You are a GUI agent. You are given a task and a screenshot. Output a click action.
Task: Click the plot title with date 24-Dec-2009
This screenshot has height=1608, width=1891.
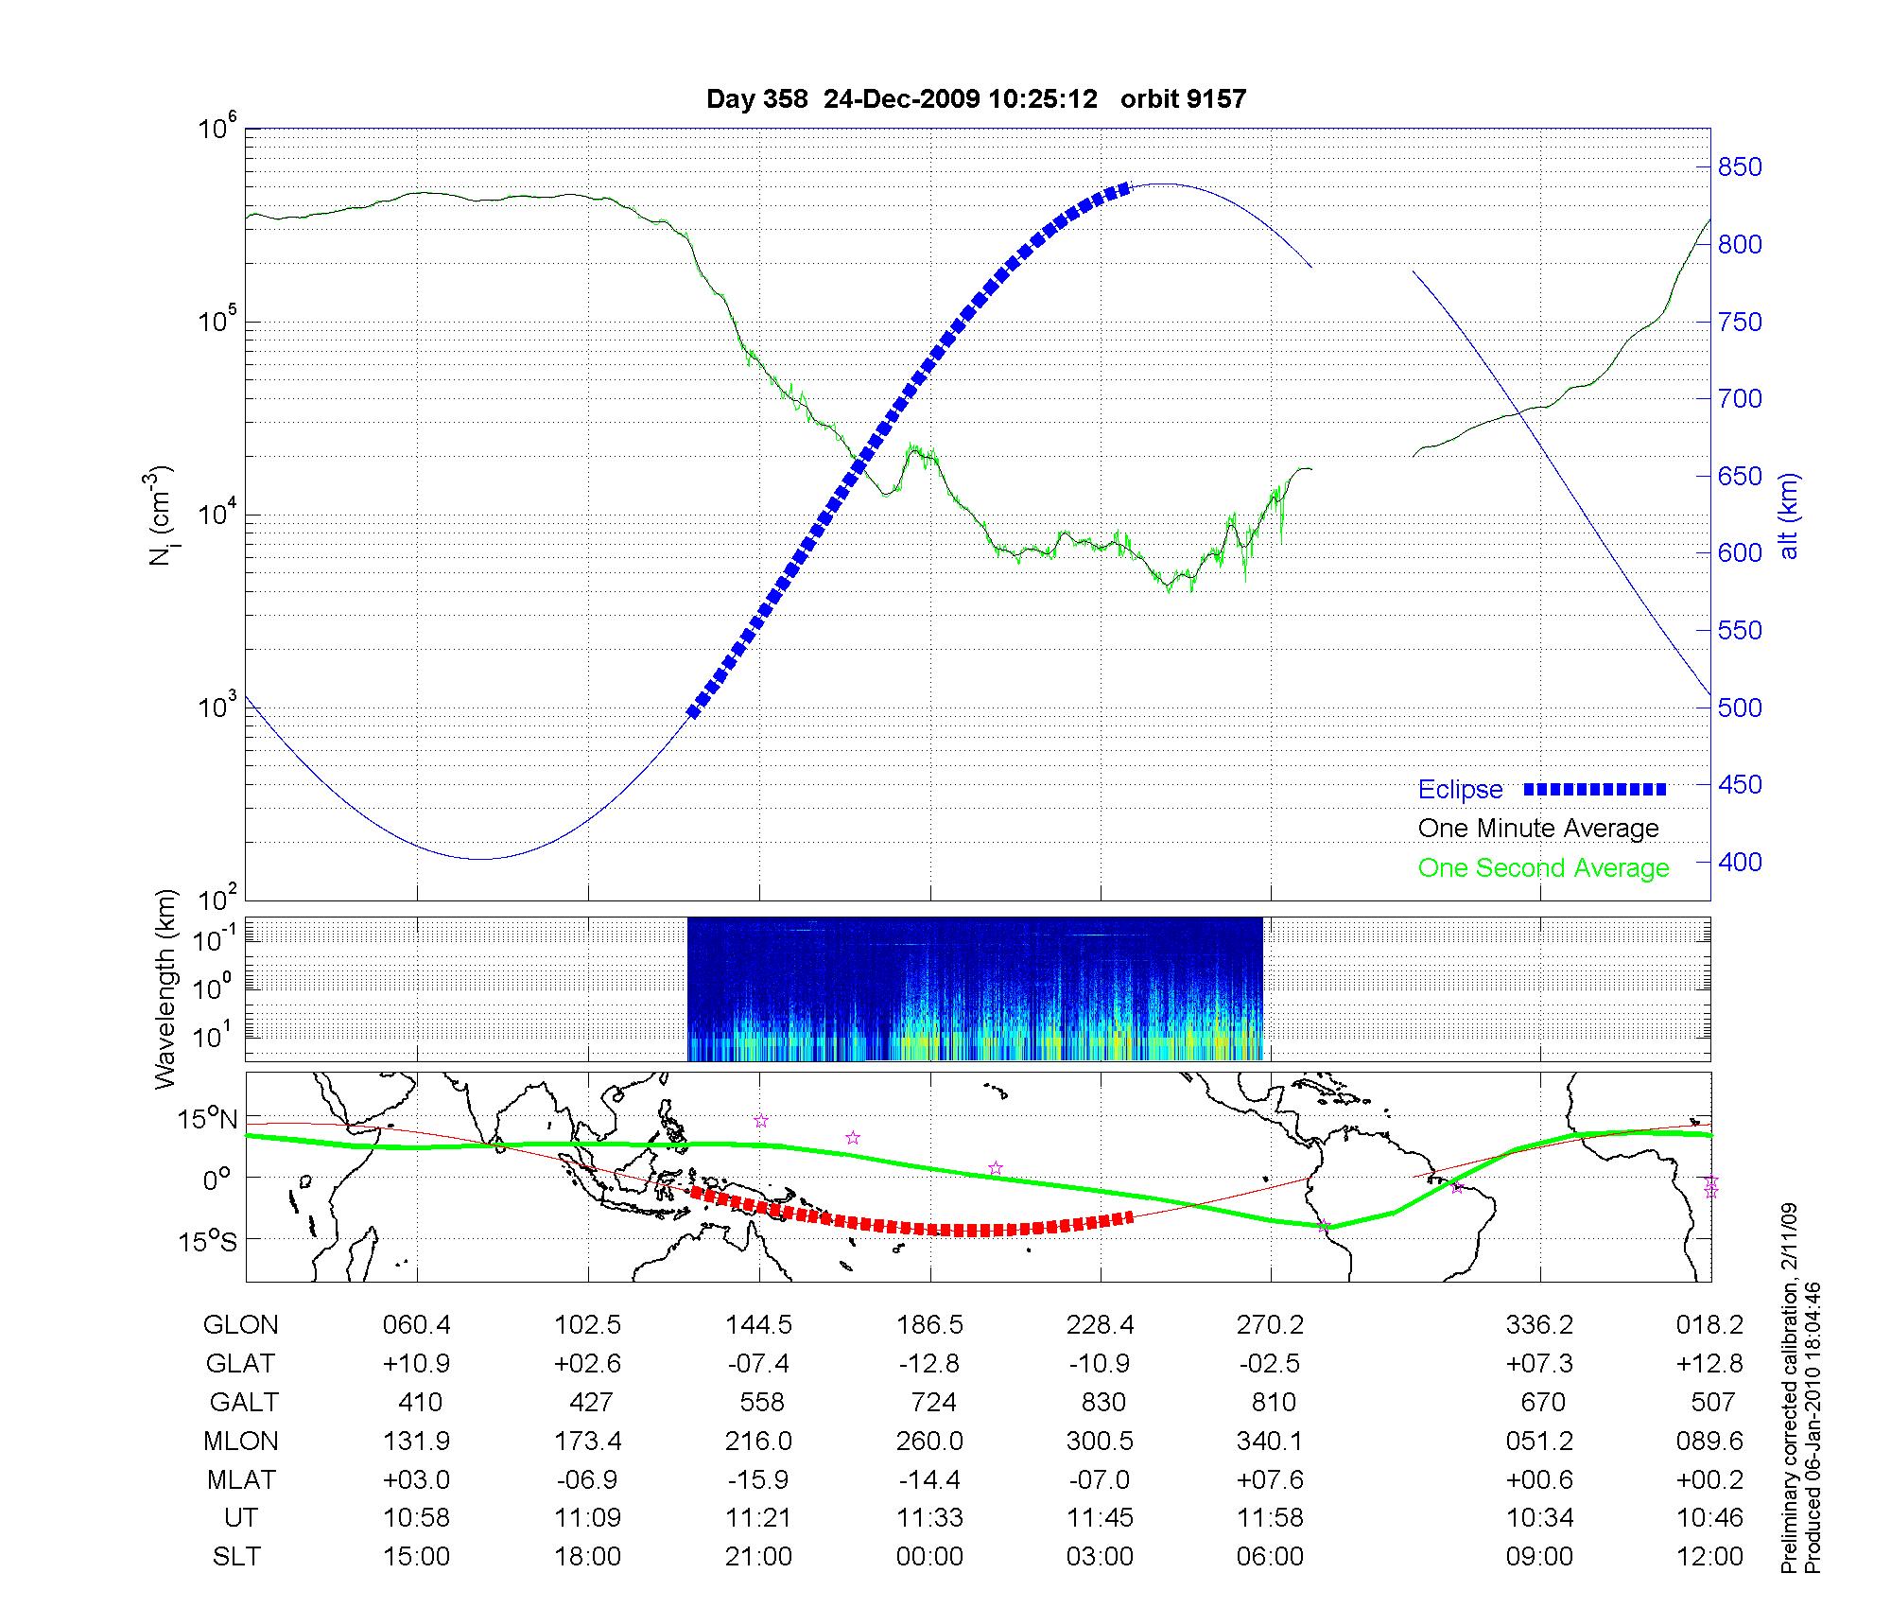pyautogui.click(x=976, y=98)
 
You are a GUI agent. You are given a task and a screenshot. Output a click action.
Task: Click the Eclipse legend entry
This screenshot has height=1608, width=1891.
pyautogui.click(x=1460, y=790)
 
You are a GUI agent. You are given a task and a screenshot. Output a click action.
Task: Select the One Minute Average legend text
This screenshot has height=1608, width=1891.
pyautogui.click(x=1538, y=829)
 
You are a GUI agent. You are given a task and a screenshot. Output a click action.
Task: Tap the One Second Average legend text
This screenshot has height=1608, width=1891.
pyautogui.click(x=1543, y=868)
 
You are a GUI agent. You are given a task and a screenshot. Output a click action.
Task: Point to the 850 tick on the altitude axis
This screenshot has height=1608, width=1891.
pyautogui.click(x=1740, y=167)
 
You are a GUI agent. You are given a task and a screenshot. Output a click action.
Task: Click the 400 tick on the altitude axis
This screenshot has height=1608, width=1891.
pyautogui.click(x=1740, y=862)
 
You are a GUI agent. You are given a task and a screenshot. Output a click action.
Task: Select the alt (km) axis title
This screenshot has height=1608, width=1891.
pyautogui.click(x=1790, y=516)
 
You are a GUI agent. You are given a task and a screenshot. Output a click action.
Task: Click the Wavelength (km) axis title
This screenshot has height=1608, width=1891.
pyautogui.click(x=165, y=988)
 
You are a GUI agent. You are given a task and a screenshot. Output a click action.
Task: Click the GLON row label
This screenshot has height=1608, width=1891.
pyautogui.click(x=240, y=1325)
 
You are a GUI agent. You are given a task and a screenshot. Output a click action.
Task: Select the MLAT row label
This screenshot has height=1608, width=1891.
pyautogui.click(x=240, y=1479)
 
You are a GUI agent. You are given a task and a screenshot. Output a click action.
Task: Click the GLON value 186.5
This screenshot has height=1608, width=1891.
pyautogui.click(x=930, y=1325)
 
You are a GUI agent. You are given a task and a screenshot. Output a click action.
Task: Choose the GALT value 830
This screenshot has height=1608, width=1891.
pyautogui.click(x=1102, y=1402)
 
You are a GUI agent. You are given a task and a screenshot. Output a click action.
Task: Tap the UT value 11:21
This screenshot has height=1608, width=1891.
pyautogui.click(x=758, y=1518)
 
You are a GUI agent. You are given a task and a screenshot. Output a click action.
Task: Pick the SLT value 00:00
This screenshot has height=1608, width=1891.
pyautogui.click(x=930, y=1557)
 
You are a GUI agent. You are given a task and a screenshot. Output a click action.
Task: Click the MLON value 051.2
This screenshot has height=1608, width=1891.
pyautogui.click(x=1539, y=1441)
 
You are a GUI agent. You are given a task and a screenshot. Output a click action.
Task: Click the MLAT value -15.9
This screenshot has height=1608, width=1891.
pyautogui.click(x=758, y=1479)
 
